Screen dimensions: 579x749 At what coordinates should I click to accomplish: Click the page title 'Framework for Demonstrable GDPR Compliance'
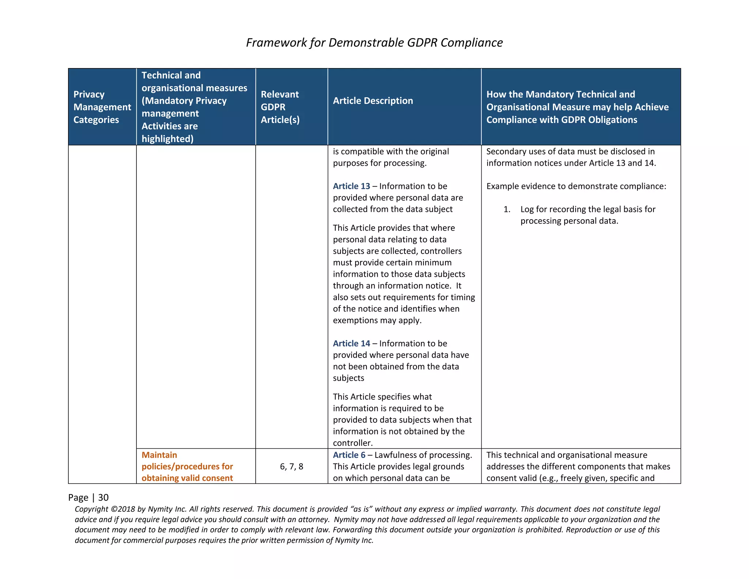tap(374, 43)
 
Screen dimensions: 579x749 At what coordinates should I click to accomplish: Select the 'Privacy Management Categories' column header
tap(102, 107)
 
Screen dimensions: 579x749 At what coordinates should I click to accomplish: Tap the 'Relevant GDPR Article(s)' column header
tap(280, 107)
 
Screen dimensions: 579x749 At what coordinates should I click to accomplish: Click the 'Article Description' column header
tap(373, 101)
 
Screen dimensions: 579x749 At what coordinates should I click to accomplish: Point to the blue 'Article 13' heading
tap(351, 186)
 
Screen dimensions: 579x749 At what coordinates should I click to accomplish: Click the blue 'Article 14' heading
tap(351, 344)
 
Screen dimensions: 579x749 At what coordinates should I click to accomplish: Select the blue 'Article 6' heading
tap(349, 455)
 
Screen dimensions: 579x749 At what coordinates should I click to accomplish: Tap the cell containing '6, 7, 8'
tap(291, 467)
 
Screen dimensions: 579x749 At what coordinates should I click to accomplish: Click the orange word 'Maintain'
tap(159, 455)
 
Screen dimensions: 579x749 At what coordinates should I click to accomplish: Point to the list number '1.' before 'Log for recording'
tap(507, 209)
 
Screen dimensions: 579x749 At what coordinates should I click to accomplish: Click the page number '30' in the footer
tap(103, 497)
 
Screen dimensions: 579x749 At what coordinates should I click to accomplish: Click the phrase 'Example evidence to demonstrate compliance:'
tap(576, 186)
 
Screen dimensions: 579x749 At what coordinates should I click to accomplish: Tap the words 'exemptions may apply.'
tap(377, 321)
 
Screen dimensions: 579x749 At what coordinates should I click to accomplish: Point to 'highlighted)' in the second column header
tap(167, 139)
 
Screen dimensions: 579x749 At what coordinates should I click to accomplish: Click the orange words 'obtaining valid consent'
tap(187, 478)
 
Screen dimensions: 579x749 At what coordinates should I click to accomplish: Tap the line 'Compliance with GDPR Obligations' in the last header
tap(561, 120)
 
